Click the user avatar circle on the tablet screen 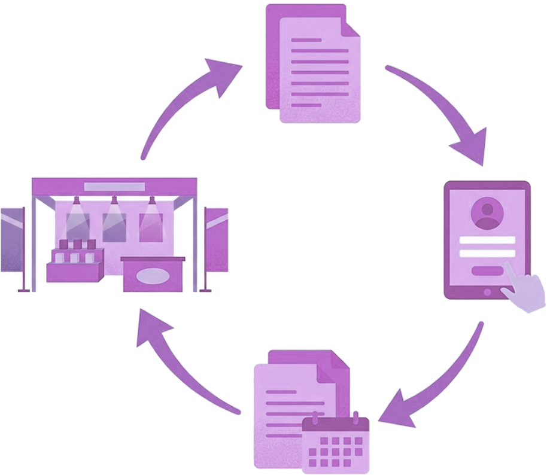point(487,213)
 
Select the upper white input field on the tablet point(487,240)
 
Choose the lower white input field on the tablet point(487,253)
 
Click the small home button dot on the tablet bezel point(487,292)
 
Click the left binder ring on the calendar point(315,418)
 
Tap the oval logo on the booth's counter point(154,276)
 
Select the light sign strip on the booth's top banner point(114,187)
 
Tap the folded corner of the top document point(350,26)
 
